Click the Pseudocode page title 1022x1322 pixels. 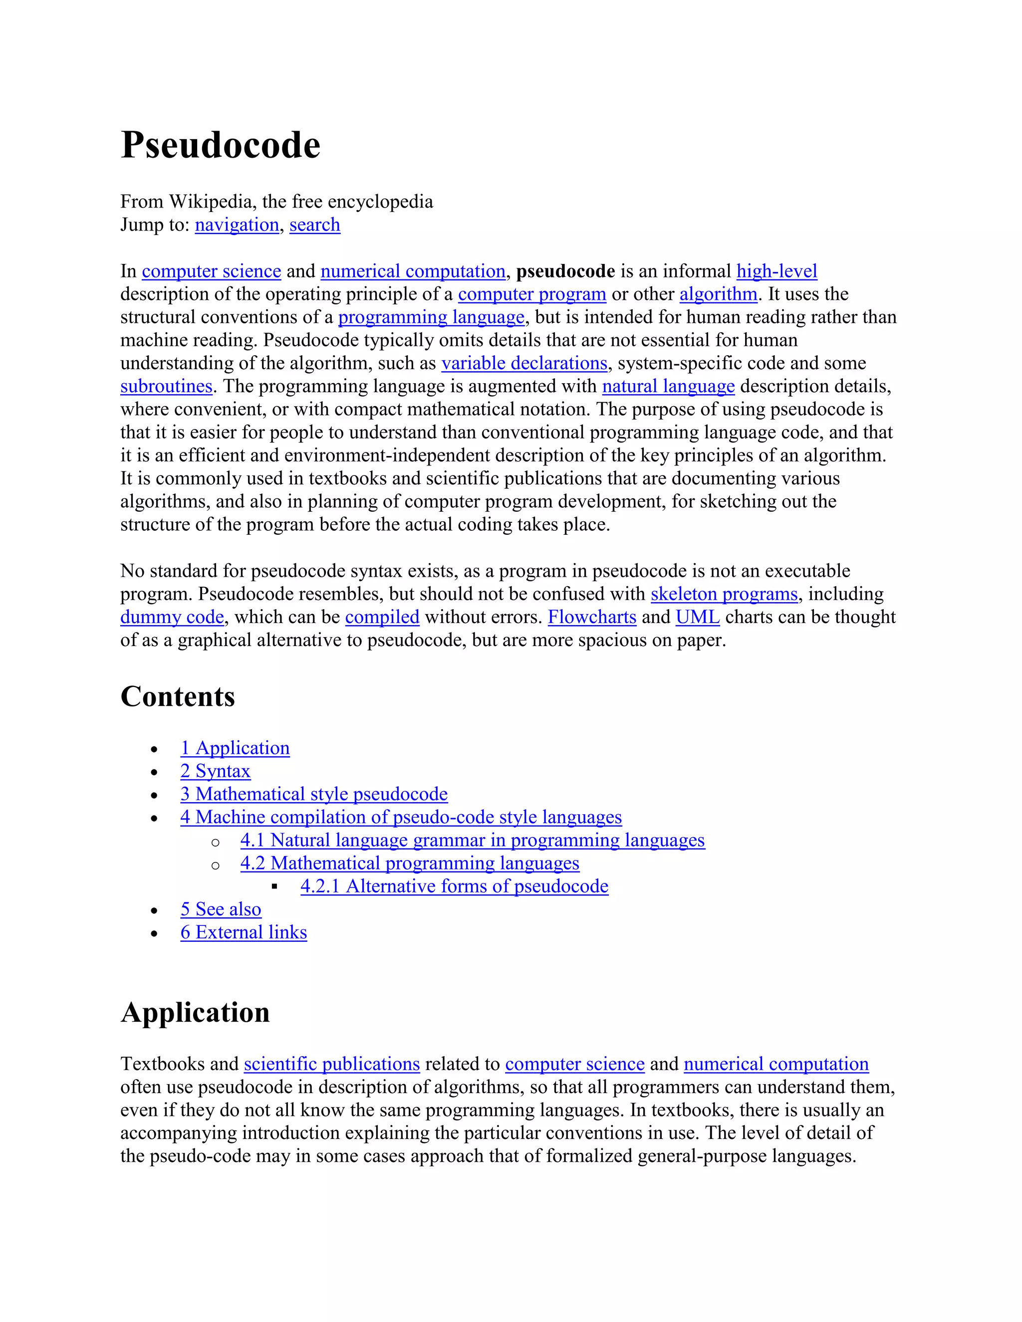[221, 145]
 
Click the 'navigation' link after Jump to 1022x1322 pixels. [237, 224]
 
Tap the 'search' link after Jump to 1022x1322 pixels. [314, 224]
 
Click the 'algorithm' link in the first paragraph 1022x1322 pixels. [718, 294]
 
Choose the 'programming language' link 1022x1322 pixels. [431, 317]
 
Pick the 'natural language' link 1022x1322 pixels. [668, 386]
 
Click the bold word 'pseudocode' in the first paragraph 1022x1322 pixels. [565, 271]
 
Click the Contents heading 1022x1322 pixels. [177, 697]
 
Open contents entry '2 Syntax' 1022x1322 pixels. [215, 771]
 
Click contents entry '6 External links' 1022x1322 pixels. [244, 932]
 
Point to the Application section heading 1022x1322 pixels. [195, 1013]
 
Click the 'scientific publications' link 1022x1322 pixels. [332, 1064]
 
